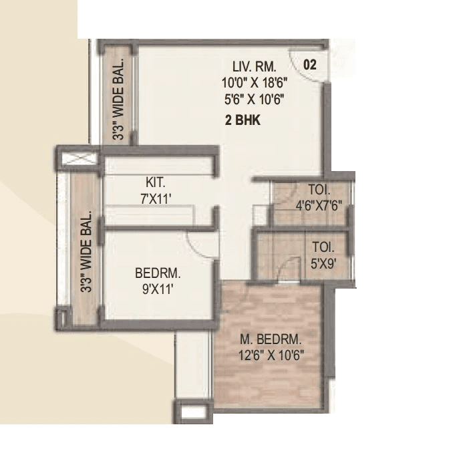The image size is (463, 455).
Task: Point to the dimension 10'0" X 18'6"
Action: point(255,84)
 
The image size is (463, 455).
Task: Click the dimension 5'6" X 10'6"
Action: point(255,99)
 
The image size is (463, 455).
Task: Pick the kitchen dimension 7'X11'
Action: point(158,198)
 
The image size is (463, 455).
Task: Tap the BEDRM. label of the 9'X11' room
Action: point(158,273)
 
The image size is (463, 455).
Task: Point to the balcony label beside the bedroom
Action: point(86,253)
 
